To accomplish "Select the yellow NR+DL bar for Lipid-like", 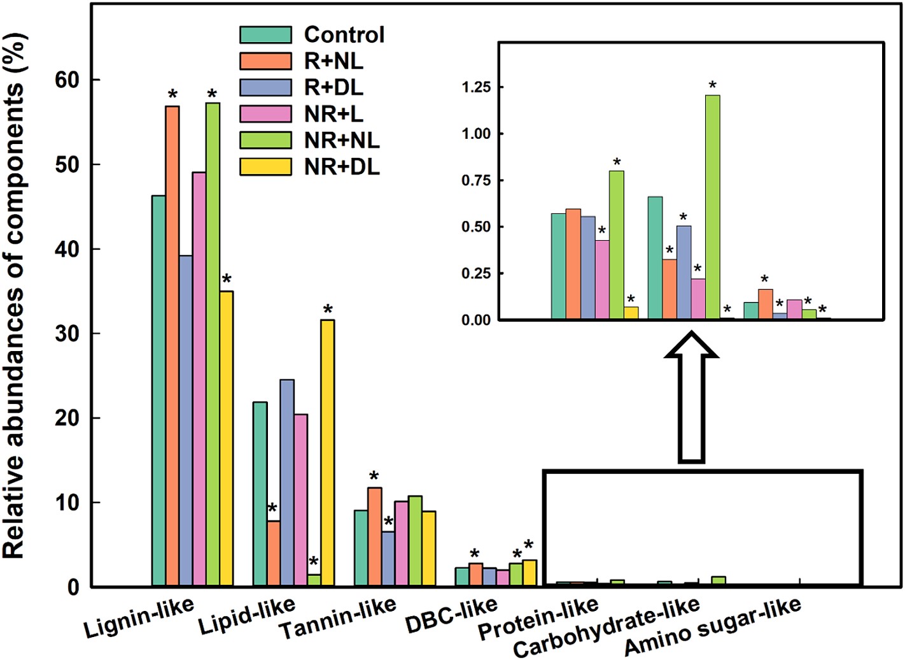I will [327, 453].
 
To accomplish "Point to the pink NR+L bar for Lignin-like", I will [199, 379].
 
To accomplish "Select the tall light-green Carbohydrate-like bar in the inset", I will [713, 207].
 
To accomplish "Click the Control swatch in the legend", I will [265, 34].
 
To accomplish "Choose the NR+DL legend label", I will [342, 167].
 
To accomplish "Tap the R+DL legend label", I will [333, 87].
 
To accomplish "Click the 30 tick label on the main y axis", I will [67, 333].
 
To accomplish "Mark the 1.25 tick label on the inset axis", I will [477, 87].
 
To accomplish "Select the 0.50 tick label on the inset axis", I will [477, 227].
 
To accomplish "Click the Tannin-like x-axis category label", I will [338, 617].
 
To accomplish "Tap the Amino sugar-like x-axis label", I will [712, 627].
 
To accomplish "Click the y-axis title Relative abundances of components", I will [14, 296].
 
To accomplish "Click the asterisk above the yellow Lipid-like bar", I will [328, 310].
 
